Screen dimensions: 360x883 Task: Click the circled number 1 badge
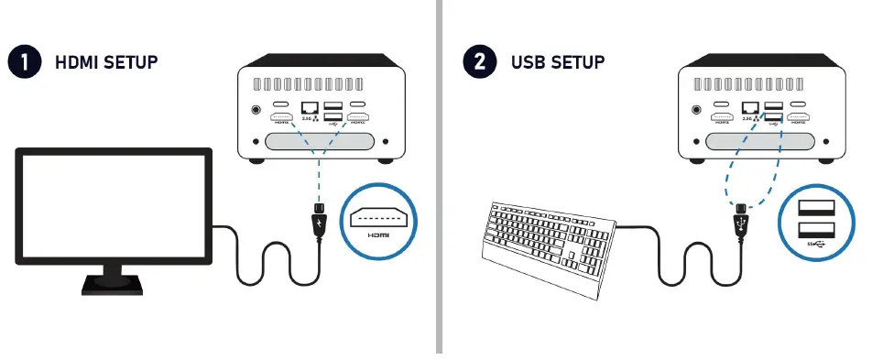click(23, 62)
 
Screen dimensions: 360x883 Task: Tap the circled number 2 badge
click(479, 62)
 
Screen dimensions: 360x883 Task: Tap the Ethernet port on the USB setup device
click(749, 109)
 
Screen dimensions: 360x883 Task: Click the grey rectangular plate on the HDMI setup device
click(320, 143)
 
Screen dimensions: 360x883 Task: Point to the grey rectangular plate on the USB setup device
click(759, 143)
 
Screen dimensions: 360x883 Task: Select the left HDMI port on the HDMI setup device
click(281, 118)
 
